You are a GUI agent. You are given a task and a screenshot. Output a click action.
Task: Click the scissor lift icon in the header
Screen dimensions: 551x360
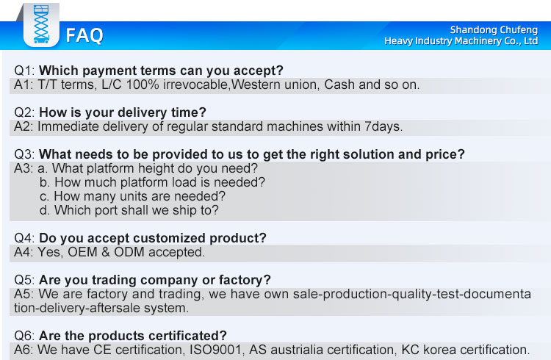coord(41,24)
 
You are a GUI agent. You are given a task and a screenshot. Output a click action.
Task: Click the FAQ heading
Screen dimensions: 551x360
coord(84,35)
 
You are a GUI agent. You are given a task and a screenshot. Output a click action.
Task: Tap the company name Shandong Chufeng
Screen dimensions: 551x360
coord(494,30)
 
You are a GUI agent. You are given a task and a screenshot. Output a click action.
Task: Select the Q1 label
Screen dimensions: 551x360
coord(24,71)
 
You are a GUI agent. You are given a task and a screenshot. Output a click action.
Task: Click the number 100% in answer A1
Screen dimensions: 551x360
coord(143,84)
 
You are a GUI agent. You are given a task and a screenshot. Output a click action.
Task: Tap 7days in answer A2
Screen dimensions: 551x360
coord(383,126)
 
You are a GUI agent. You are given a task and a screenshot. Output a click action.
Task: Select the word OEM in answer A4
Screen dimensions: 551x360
coord(82,252)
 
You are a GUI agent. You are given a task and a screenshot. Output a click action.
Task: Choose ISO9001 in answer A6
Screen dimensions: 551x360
coord(216,350)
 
